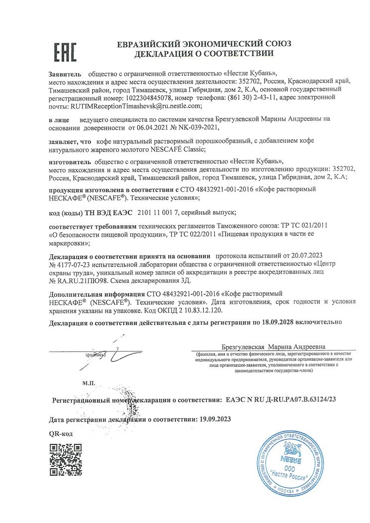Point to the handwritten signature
point(112,353)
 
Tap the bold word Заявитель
point(63,73)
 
